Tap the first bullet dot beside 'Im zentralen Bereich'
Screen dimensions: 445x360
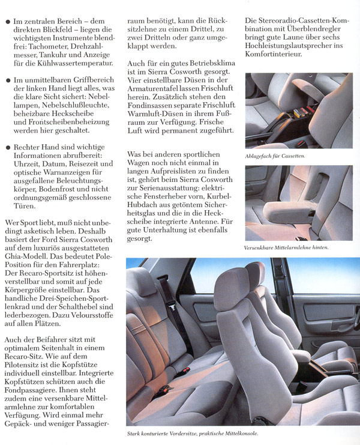[7, 22]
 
